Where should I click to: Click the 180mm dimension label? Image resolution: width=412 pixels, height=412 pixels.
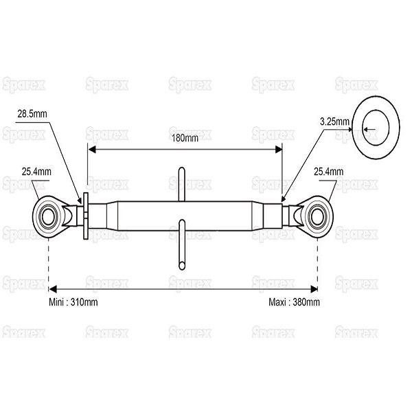(x=185, y=138)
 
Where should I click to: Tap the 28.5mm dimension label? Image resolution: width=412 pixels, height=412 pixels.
(x=32, y=114)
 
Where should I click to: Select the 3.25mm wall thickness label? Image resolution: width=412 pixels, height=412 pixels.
(x=334, y=122)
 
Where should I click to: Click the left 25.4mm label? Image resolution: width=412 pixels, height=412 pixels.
(x=36, y=172)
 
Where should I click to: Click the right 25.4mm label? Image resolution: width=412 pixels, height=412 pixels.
(x=328, y=172)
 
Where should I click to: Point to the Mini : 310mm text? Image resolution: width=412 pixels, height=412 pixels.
(x=73, y=302)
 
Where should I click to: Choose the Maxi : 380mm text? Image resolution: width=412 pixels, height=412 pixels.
(x=295, y=302)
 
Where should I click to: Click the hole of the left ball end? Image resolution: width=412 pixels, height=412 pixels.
(x=48, y=217)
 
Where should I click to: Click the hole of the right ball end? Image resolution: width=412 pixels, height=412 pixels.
(x=317, y=217)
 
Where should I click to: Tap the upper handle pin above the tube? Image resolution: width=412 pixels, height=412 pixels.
(x=181, y=184)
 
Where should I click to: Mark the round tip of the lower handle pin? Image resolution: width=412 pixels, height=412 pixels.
(x=181, y=265)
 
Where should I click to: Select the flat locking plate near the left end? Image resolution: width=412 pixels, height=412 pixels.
(x=86, y=216)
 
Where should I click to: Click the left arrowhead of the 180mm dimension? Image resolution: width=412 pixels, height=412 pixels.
(x=91, y=150)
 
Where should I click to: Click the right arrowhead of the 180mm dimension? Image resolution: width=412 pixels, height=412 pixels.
(x=279, y=150)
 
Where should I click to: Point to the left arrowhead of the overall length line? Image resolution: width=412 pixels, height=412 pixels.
(x=53, y=290)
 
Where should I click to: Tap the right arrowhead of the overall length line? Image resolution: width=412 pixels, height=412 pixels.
(x=314, y=290)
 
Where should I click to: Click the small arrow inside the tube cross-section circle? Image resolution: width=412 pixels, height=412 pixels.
(x=369, y=129)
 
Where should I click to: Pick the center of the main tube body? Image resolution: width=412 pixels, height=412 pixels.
(x=185, y=216)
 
